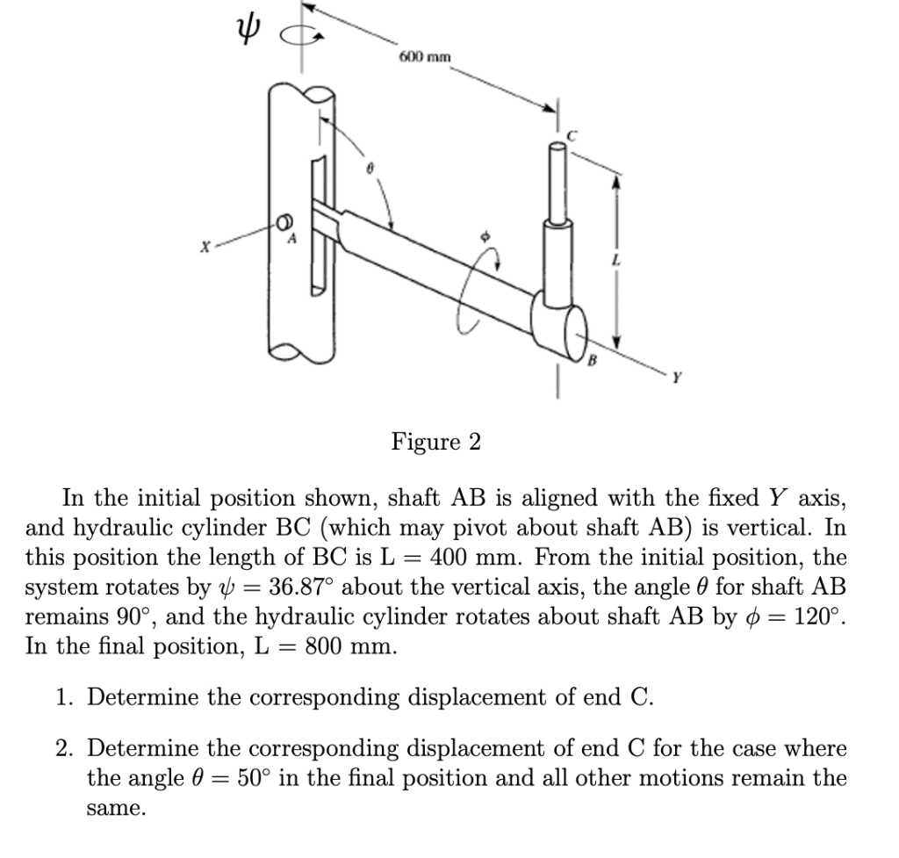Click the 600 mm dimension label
point(425,57)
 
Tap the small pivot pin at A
point(285,220)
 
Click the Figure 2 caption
point(436,441)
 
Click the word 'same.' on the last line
point(117,808)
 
